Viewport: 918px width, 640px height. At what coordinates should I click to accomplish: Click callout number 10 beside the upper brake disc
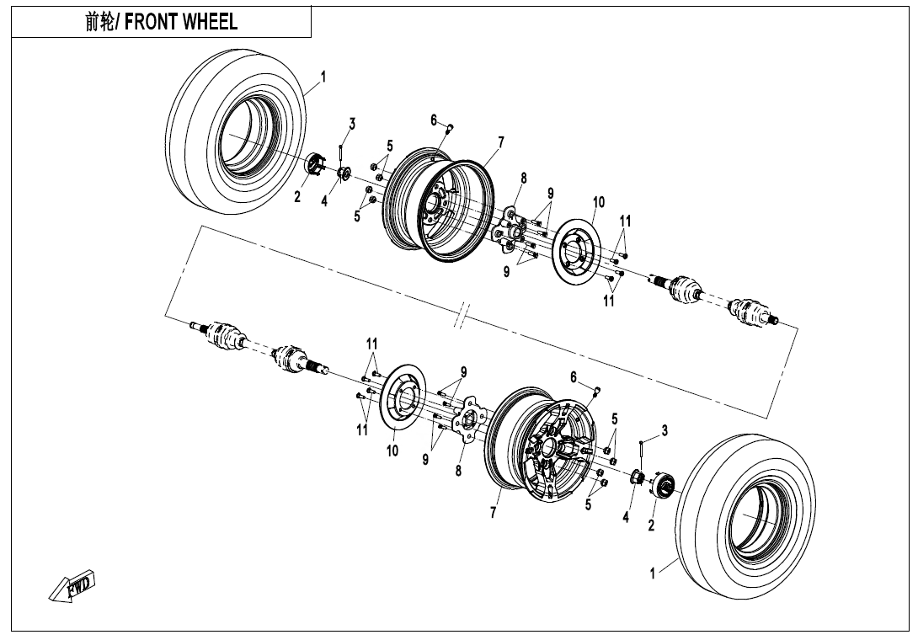point(598,202)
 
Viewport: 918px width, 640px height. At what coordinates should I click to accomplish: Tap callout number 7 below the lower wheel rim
point(494,514)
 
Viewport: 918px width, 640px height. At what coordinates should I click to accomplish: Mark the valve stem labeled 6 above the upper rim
point(449,129)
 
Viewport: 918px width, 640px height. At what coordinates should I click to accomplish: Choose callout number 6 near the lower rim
point(574,376)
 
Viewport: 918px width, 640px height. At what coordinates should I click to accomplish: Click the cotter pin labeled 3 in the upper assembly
point(340,152)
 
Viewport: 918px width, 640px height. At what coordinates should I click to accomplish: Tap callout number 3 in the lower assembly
point(664,430)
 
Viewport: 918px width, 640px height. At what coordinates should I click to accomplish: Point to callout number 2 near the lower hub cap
point(651,526)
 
